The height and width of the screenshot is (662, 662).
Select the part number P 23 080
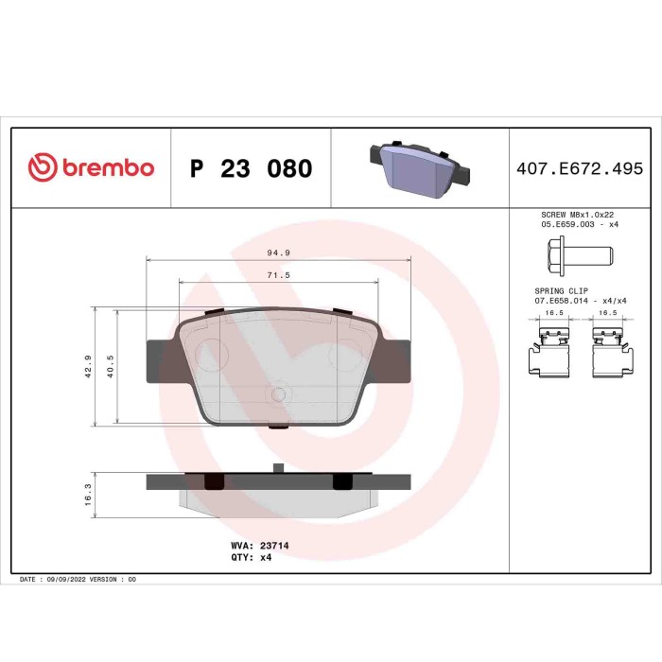click(251, 169)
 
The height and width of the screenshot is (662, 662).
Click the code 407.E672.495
click(580, 169)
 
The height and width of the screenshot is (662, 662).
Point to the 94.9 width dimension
click(277, 253)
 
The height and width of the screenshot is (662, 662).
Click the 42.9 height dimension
click(88, 366)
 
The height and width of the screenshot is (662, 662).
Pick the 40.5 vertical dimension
click(111, 366)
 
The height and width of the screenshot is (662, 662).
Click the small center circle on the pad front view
click(278, 394)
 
